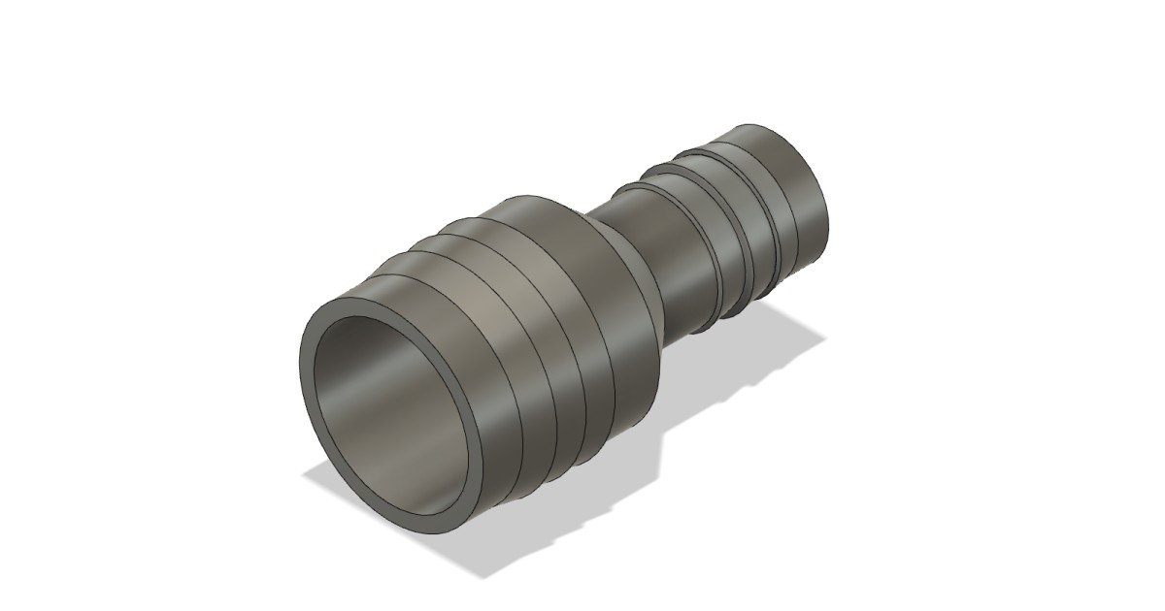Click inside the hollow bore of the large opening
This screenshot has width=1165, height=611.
point(388,407)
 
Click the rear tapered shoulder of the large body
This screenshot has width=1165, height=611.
point(631,291)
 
